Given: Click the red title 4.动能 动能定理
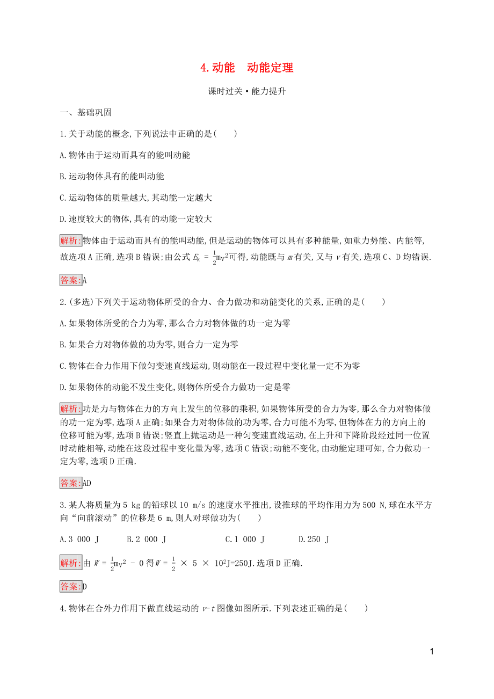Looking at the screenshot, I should click(246, 68).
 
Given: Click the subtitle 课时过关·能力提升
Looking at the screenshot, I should click(246, 91).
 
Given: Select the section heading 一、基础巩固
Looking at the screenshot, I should click(85, 113).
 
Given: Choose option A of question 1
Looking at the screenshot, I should click(125, 155).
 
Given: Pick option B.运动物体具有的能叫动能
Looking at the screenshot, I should click(112, 176).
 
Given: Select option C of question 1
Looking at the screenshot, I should click(136, 198).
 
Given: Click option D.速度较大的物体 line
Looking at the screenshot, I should click(136, 219).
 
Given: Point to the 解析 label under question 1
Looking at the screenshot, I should click(71, 240).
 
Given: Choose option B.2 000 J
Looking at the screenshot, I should click(146, 538).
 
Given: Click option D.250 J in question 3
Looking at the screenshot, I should click(314, 538).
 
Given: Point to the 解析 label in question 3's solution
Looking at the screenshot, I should click(71, 563).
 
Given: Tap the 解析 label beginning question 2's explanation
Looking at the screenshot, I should click(71, 408).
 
